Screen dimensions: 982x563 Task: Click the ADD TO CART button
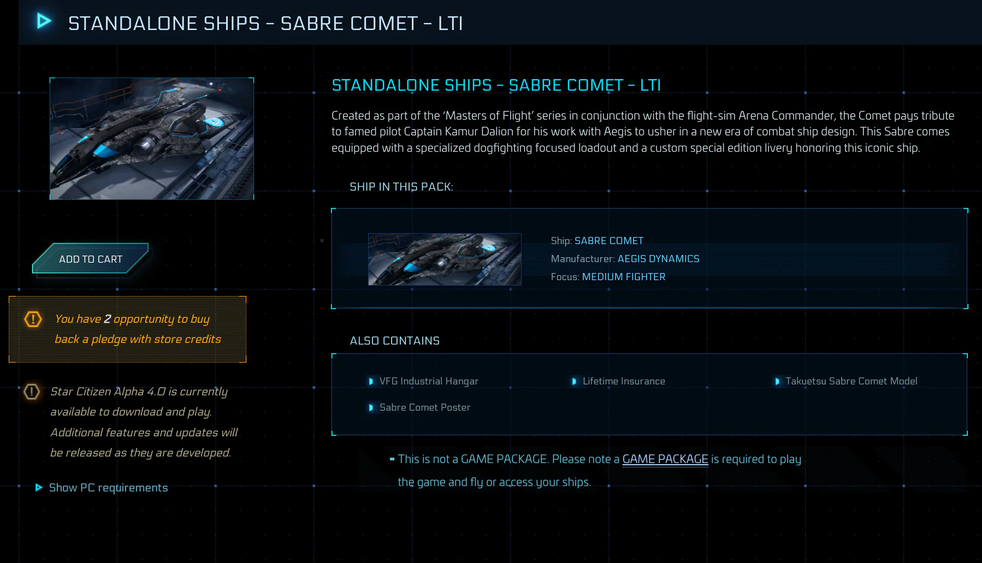coord(91,259)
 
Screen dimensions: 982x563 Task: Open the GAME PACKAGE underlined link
coord(665,459)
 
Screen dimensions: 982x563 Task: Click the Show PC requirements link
coord(108,488)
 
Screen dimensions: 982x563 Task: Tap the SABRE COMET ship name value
coord(609,241)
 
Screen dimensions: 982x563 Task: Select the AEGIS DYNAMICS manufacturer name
coord(658,259)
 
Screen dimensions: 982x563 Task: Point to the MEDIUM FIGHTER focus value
coord(624,277)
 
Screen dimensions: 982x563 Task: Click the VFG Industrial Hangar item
coord(429,381)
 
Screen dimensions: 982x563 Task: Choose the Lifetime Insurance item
coord(624,381)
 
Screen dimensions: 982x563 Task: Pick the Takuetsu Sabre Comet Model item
coord(851,381)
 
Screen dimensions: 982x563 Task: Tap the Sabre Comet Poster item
coord(425,407)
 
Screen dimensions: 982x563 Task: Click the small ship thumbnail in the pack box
coord(445,259)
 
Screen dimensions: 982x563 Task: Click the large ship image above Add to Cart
coord(152,139)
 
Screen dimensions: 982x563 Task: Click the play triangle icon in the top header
coord(44,21)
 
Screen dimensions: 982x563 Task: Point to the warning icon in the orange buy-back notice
coord(33,319)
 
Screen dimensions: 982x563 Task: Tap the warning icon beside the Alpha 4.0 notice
coord(32,392)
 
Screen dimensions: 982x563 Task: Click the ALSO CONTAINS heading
coord(395,341)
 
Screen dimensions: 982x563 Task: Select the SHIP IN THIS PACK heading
coord(401,187)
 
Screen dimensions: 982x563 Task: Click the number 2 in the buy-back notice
coord(108,319)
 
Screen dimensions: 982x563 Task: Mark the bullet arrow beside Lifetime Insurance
coord(574,381)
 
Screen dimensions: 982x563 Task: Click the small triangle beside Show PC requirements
coord(39,488)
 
